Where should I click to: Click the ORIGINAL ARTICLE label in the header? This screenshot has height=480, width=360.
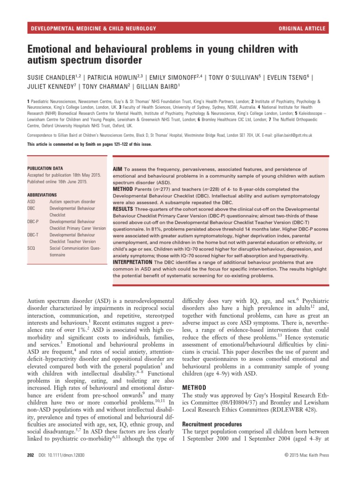[301, 29]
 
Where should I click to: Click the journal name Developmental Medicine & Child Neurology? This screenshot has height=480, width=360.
[93, 29]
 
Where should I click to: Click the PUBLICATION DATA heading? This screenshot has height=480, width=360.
[45, 168]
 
